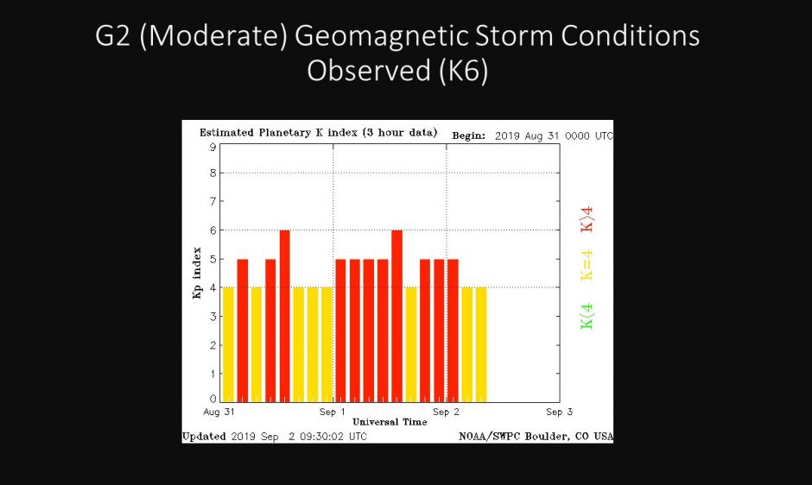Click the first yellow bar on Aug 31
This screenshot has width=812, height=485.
pos(228,344)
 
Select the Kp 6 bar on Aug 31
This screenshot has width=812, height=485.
pos(284,316)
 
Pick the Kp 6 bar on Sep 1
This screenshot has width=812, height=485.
pos(396,316)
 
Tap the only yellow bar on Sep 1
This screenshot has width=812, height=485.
pos(410,344)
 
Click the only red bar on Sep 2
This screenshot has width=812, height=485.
pos(453,331)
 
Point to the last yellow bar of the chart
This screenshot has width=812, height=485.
pos(480,344)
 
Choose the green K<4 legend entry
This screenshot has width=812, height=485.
pos(587,315)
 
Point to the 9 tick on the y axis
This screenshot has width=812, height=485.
pos(211,147)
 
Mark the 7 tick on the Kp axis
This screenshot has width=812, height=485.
pos(211,202)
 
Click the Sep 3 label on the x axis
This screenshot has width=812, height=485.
pos(559,413)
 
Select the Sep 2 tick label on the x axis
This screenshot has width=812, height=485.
pos(446,413)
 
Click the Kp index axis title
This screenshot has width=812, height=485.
pos(197,274)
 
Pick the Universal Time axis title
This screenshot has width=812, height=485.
pos(390,422)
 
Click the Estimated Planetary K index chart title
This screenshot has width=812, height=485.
pos(318,133)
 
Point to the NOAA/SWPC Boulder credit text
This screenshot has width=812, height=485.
pos(536,437)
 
